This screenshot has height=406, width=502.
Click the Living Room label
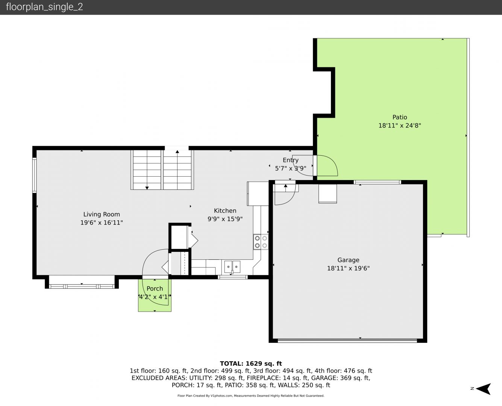(x=102, y=214)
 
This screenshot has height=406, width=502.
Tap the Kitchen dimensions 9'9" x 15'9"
(x=225, y=219)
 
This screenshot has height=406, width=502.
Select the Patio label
(x=400, y=117)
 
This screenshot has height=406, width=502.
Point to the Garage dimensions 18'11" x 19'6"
(x=348, y=268)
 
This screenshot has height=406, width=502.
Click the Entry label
(x=291, y=160)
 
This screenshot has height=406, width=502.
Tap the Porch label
(x=155, y=288)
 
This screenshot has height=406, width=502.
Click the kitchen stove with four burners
(x=261, y=242)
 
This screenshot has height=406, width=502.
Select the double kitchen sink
(x=232, y=267)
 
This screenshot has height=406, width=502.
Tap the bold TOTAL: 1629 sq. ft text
(x=251, y=364)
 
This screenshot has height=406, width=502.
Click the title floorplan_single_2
(x=44, y=7)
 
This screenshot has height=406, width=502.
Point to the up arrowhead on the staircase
(x=177, y=152)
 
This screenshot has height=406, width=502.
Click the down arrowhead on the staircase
(x=147, y=188)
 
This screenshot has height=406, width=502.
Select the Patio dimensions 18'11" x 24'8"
(x=400, y=126)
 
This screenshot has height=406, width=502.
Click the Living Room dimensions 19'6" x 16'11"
(x=102, y=223)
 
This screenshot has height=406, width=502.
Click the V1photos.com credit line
(x=251, y=396)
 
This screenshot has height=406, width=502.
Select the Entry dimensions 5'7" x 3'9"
(x=291, y=168)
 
